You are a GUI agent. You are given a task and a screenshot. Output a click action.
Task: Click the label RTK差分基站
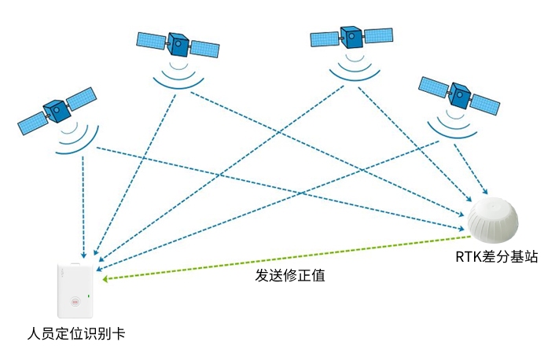[x=496, y=257]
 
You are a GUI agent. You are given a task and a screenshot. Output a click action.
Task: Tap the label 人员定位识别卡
[x=75, y=333]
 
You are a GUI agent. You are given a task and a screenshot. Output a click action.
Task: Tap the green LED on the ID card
[x=90, y=296]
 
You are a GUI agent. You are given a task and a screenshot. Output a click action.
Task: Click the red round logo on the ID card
[x=75, y=299]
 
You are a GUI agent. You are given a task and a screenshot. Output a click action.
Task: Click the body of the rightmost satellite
[x=460, y=96]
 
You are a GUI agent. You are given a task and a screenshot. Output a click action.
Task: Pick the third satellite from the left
[x=351, y=37]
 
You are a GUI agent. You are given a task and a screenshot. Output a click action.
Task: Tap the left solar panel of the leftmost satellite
[x=32, y=122]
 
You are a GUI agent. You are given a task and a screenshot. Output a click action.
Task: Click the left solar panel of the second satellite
[x=152, y=39]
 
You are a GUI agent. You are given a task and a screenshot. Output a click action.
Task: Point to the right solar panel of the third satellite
[x=379, y=35]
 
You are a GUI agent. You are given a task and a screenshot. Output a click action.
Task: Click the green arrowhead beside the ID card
[x=108, y=277]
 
